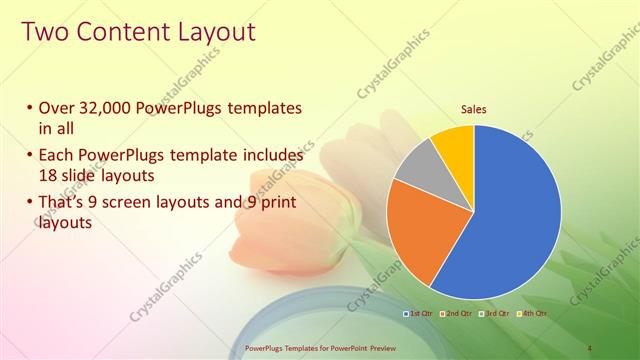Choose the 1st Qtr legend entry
point(418,313)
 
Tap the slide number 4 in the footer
point(590,347)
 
